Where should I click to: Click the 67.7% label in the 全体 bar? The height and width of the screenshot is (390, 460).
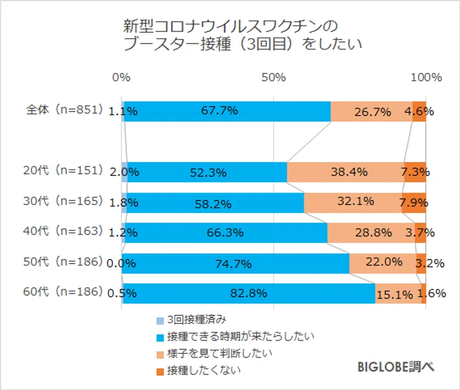219,111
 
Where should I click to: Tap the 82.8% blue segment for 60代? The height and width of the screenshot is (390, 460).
249,293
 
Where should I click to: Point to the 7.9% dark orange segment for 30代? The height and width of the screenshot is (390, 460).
414,202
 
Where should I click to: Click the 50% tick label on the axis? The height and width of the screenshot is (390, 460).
273,78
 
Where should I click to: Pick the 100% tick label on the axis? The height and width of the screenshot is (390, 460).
426,78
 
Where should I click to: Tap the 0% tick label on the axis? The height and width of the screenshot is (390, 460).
121,78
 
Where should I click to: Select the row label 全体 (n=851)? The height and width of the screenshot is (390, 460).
65,110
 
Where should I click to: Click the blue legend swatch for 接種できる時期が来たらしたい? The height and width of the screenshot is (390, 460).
160,337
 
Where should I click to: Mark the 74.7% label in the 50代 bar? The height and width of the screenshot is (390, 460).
234,264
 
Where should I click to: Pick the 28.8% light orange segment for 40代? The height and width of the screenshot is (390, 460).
372,232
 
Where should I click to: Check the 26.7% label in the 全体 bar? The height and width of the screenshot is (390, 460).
372,112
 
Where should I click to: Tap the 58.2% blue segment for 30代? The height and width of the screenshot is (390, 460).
213,204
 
